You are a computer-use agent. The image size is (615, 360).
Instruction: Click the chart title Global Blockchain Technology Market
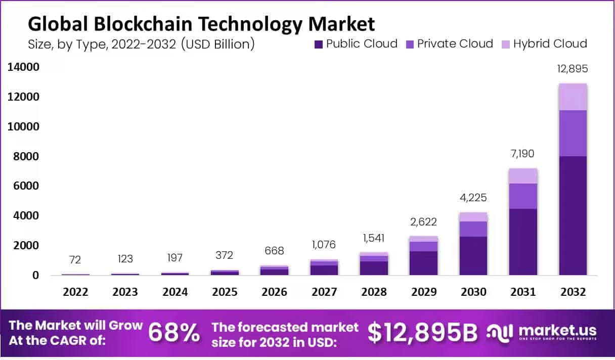pos(201,24)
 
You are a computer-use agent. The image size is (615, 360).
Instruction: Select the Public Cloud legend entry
pos(355,44)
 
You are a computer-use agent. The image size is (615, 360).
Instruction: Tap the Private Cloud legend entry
pos(449,44)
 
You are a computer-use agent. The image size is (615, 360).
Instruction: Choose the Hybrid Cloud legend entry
pos(544,44)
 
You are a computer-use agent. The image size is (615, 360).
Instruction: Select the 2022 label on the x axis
pos(75,292)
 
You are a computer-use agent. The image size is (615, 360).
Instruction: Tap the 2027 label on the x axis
pos(324,292)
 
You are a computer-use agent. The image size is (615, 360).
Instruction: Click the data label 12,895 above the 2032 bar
pos(573,69)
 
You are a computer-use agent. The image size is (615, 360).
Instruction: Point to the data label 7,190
pos(523,154)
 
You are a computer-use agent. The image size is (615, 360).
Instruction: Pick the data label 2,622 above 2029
pos(423,221)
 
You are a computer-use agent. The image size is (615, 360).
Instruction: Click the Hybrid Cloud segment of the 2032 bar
pos(573,97)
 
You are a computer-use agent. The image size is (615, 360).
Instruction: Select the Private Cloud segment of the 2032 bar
pos(573,133)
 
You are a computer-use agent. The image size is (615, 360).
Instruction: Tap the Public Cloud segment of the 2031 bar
pos(523,242)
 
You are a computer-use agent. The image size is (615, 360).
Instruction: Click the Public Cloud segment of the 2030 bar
pos(473,255)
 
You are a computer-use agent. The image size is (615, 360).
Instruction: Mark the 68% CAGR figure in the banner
pos(174,332)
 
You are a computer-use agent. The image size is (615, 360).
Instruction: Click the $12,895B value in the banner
pos(422,332)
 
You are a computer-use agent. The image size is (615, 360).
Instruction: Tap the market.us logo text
pos(557,330)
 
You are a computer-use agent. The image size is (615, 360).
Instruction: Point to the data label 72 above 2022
pos(75,259)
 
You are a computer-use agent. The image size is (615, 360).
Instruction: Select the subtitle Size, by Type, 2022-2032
pos(141,44)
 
